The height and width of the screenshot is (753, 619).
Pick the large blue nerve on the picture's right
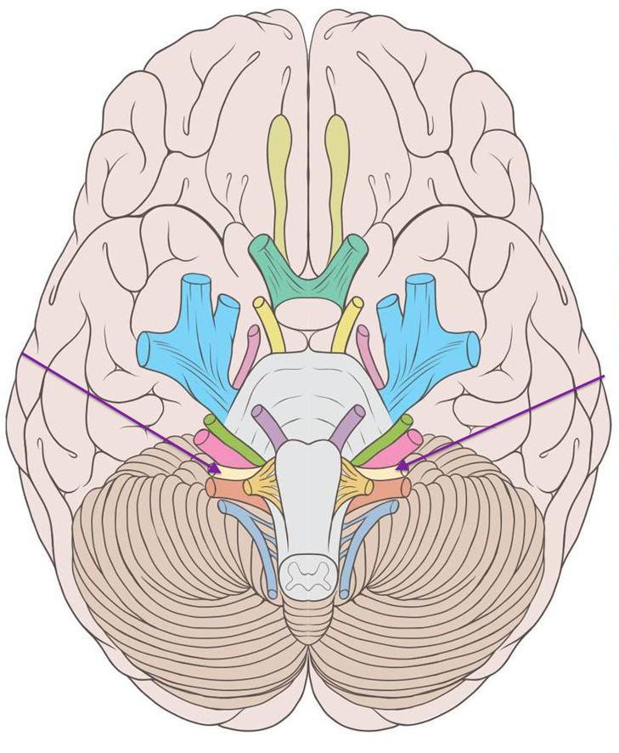[425, 340]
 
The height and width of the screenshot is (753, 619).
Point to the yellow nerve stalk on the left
[267, 323]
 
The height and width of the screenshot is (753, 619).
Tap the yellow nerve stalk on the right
[348, 323]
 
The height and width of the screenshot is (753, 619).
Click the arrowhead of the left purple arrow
[218, 466]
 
